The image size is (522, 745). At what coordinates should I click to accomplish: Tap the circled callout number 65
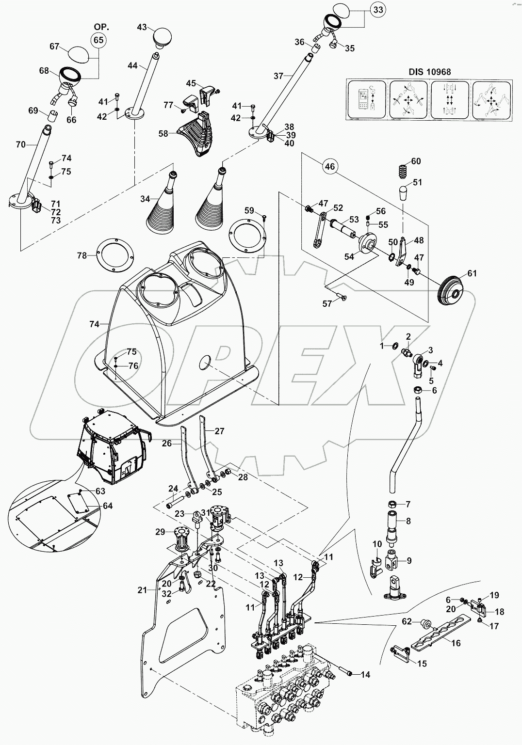[x=99, y=40]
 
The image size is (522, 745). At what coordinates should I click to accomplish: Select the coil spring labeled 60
[x=400, y=171]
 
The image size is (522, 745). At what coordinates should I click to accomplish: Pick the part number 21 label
[x=142, y=590]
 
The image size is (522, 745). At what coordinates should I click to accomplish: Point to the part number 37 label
[x=278, y=76]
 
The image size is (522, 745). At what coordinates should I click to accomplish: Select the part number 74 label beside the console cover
[x=94, y=324]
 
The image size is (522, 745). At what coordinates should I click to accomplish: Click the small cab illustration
[x=112, y=446]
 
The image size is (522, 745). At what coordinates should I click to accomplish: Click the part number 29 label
[x=160, y=532]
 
